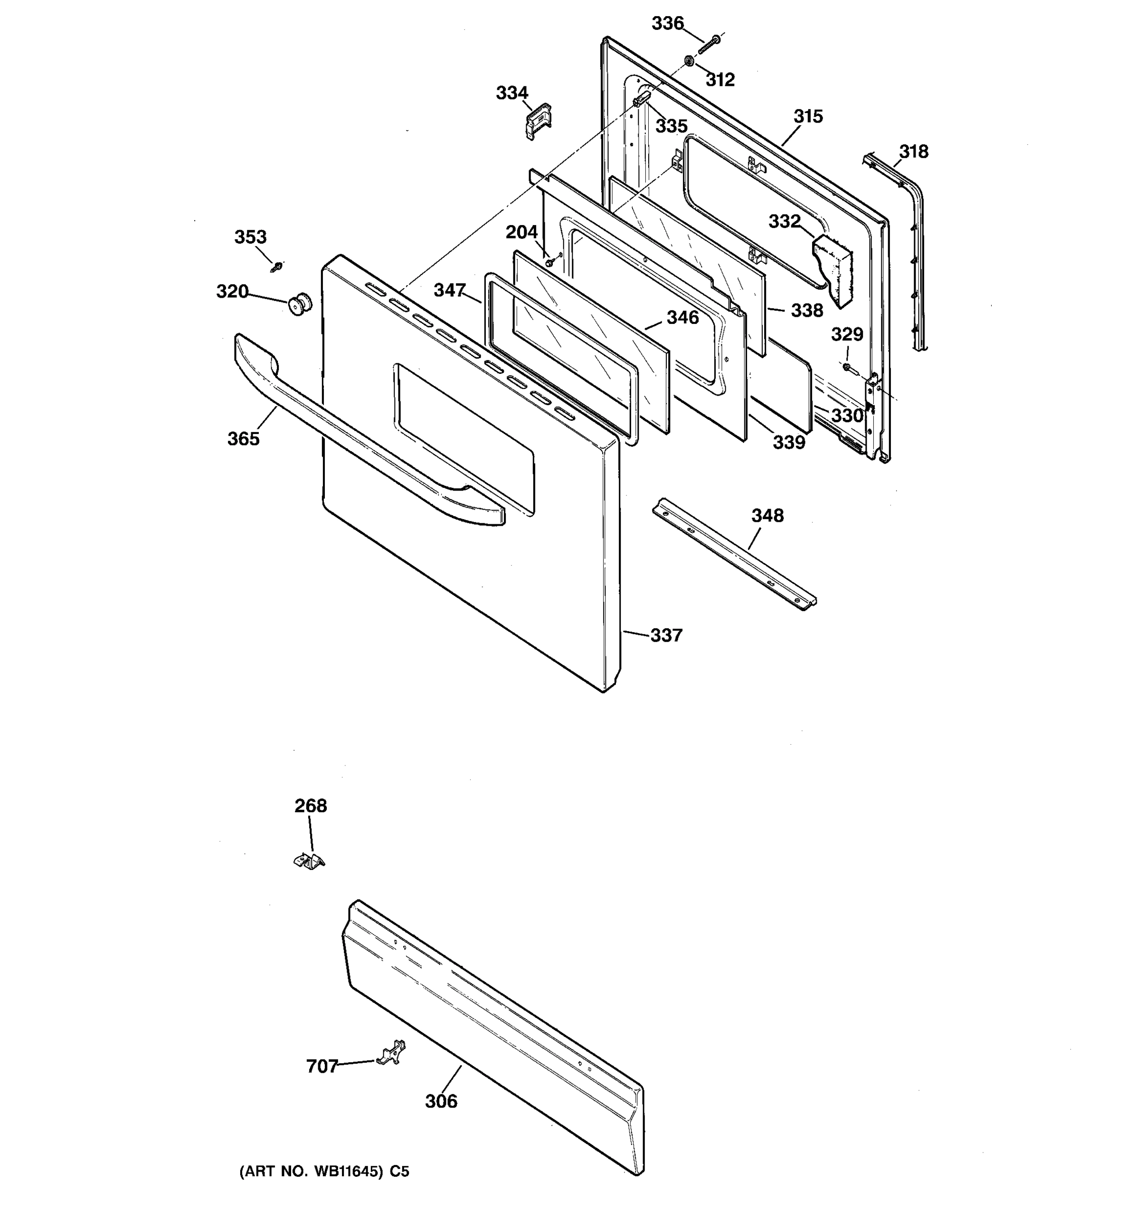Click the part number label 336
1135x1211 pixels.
(668, 23)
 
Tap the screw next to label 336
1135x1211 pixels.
(709, 44)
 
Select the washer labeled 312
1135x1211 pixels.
(689, 61)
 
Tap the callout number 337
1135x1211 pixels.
(666, 635)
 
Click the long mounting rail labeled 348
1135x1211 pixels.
(734, 555)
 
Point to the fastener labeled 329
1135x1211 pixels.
(848, 367)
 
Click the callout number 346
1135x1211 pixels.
(683, 317)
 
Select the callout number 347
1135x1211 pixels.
(449, 290)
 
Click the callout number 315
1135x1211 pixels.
(808, 117)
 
